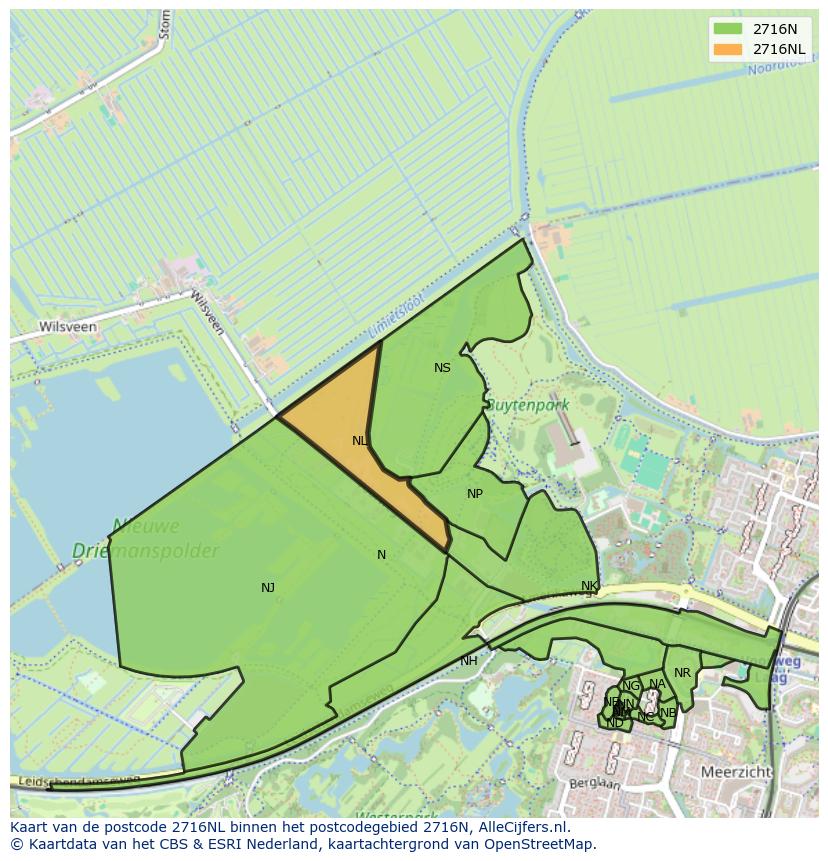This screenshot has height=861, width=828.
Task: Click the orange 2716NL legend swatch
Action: (x=728, y=49)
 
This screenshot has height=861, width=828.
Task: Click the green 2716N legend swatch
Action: (x=728, y=29)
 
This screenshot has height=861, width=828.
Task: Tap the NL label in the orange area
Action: (x=360, y=440)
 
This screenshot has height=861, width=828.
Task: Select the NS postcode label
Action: (x=442, y=368)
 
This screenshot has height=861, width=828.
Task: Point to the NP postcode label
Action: (x=475, y=494)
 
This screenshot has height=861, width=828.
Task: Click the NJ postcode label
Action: (x=268, y=588)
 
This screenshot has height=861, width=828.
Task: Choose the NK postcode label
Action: (x=589, y=586)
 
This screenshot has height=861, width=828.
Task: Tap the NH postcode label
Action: (x=469, y=661)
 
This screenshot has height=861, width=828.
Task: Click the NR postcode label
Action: (x=682, y=673)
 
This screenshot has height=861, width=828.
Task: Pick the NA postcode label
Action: (x=657, y=685)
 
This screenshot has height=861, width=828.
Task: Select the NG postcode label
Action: (x=630, y=686)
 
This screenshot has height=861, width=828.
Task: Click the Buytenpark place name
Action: (x=527, y=405)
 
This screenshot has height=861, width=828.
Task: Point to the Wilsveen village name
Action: (x=67, y=327)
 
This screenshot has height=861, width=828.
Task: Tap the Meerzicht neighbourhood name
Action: (x=735, y=773)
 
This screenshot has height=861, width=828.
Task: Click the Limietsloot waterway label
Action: (x=396, y=316)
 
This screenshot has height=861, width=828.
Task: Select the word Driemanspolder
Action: (x=145, y=551)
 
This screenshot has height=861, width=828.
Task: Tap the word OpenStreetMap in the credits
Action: (x=542, y=844)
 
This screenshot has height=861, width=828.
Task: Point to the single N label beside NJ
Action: (x=381, y=555)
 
